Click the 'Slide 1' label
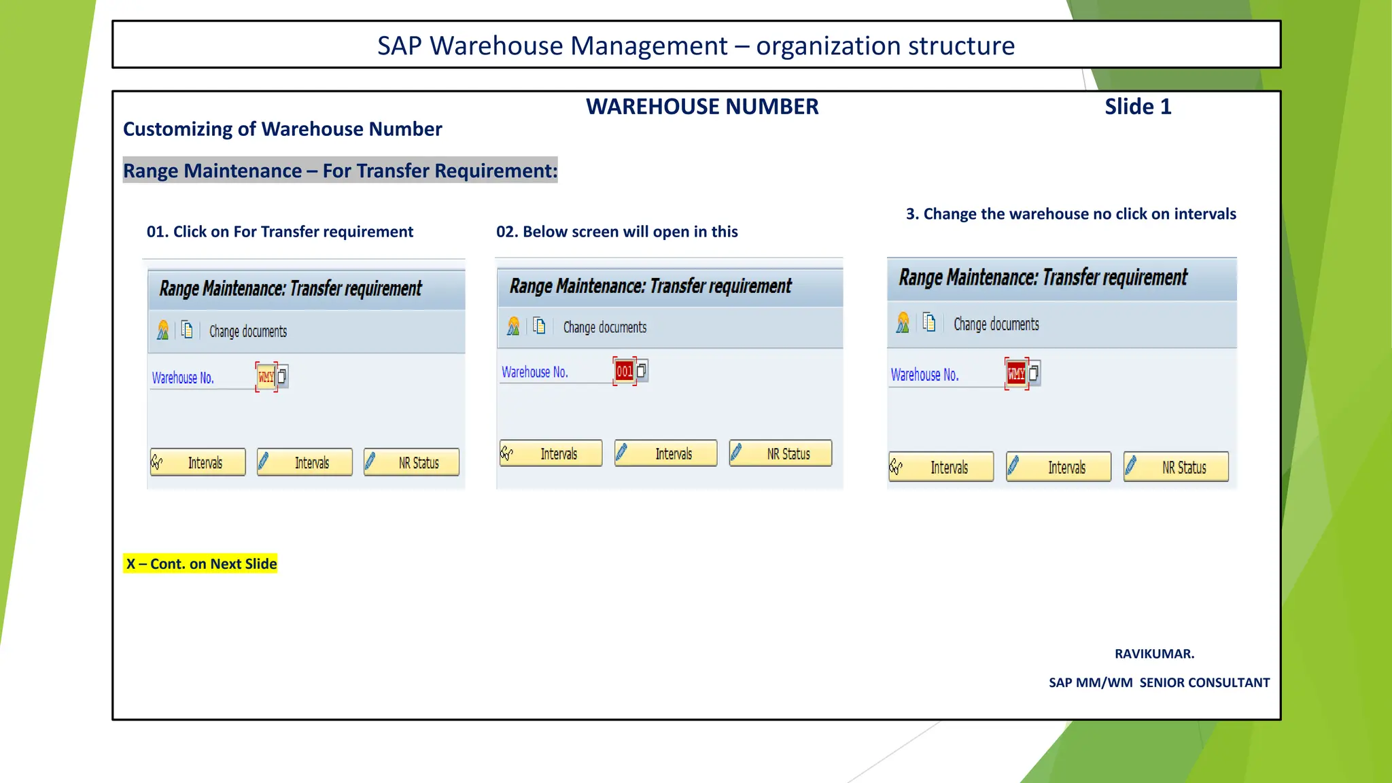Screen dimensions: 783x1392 click(x=1137, y=107)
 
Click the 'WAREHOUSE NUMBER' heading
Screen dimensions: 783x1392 click(x=702, y=107)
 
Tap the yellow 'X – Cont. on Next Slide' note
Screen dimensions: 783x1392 click(x=201, y=563)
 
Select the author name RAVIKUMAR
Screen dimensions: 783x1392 click(x=1154, y=654)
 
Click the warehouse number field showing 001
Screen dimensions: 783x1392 click(x=624, y=371)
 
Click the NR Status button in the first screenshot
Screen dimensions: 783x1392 click(x=411, y=463)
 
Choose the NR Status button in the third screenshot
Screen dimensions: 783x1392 click(x=1176, y=467)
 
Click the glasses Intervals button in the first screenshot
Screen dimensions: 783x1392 click(x=198, y=463)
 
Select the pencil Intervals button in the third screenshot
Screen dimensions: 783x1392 click(x=1058, y=467)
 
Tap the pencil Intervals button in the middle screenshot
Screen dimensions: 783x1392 click(x=665, y=453)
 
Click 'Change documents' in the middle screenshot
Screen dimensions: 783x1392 click(x=604, y=328)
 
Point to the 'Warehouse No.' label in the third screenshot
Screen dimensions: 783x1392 click(x=924, y=375)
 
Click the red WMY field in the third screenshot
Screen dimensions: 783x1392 click(x=1016, y=373)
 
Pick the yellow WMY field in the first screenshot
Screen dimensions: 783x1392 click(x=266, y=377)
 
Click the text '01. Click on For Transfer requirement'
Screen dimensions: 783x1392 click(x=279, y=232)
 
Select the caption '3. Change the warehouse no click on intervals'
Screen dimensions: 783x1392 click(x=1071, y=214)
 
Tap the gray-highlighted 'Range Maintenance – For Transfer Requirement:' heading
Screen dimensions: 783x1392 click(x=340, y=171)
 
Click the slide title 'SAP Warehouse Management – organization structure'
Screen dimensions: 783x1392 click(x=696, y=46)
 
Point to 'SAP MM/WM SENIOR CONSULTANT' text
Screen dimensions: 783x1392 click(x=1159, y=682)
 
